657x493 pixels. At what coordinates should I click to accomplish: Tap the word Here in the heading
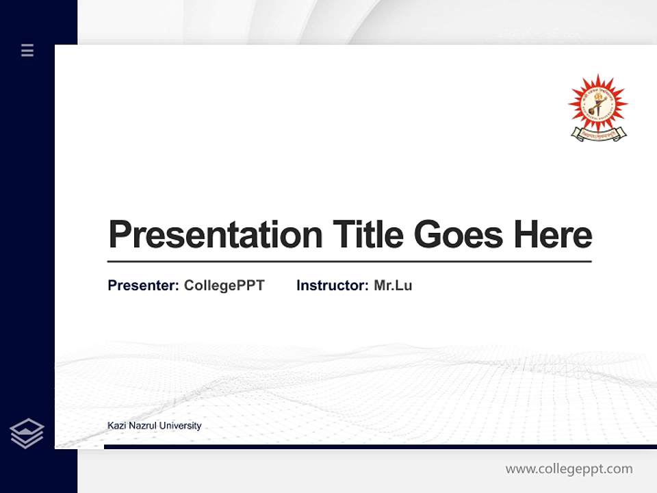click(553, 235)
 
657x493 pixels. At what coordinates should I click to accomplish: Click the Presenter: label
click(143, 286)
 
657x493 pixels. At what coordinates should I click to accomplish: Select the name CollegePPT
click(224, 286)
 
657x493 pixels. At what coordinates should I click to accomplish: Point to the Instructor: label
click(332, 286)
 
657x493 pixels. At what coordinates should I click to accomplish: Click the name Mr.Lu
click(393, 286)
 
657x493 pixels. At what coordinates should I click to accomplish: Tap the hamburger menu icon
click(27, 50)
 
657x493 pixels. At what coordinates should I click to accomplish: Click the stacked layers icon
click(27, 433)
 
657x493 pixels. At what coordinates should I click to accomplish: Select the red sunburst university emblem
click(597, 103)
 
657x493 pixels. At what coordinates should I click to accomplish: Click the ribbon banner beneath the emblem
click(597, 135)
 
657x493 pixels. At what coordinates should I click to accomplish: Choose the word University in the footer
click(180, 426)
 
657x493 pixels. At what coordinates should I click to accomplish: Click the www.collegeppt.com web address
click(569, 469)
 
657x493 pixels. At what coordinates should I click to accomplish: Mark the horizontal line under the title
click(349, 262)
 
